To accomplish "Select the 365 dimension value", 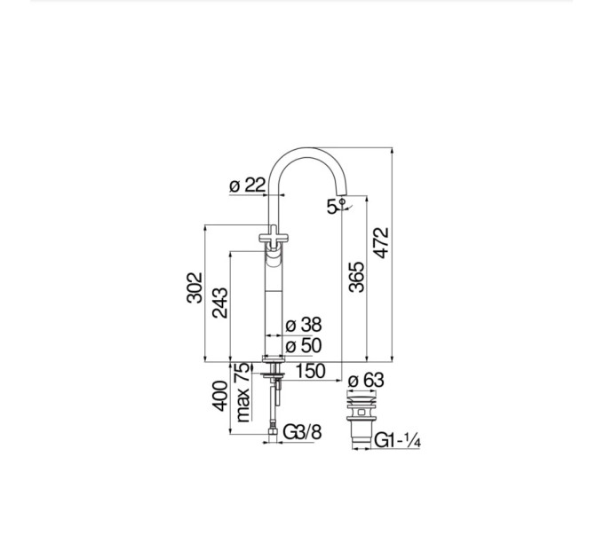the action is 356,277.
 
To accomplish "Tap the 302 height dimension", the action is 195,287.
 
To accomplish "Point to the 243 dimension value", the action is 220,303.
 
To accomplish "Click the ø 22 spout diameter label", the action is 248,185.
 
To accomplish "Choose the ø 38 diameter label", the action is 304,325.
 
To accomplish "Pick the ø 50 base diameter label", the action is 304,345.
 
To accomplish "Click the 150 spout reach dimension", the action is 310,371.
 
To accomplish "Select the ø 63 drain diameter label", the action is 366,381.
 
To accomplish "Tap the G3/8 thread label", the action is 302,432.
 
